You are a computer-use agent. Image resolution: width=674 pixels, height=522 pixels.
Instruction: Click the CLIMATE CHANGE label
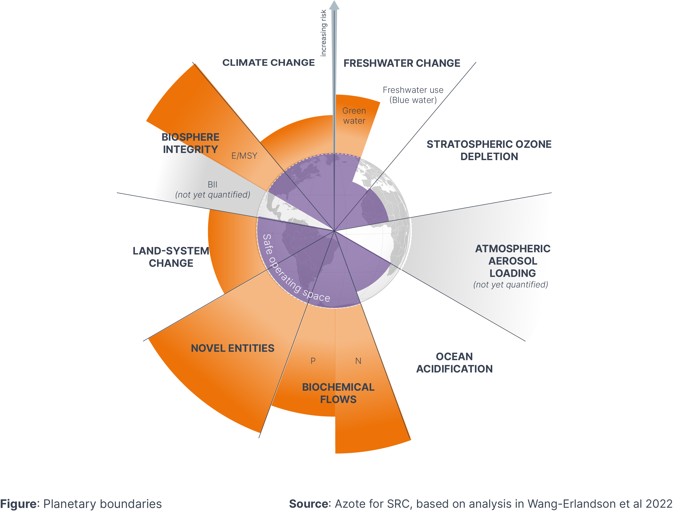[269, 63]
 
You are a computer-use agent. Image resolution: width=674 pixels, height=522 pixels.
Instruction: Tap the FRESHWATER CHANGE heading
[401, 63]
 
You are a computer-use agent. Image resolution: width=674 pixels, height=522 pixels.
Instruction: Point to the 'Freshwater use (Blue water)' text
[413, 95]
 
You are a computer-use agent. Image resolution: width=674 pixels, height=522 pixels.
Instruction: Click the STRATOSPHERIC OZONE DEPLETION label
[489, 150]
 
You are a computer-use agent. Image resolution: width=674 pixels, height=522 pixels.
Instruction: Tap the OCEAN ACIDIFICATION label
[454, 363]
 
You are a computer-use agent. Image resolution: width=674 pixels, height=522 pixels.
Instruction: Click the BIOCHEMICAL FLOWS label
[338, 393]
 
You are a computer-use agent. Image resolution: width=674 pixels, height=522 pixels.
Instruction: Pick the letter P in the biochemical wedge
[313, 361]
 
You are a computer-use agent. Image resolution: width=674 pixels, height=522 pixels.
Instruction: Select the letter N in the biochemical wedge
[358, 361]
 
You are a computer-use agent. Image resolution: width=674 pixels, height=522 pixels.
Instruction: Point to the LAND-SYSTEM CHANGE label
[171, 257]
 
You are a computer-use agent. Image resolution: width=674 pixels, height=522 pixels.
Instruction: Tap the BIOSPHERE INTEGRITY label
[190, 143]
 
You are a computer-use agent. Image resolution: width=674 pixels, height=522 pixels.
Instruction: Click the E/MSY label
[244, 156]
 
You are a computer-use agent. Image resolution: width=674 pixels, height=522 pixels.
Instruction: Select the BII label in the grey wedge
[212, 184]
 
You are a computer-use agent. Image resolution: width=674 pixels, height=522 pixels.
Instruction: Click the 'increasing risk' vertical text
[323, 33]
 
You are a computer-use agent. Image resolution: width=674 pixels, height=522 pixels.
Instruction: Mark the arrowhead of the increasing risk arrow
[334, 5]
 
